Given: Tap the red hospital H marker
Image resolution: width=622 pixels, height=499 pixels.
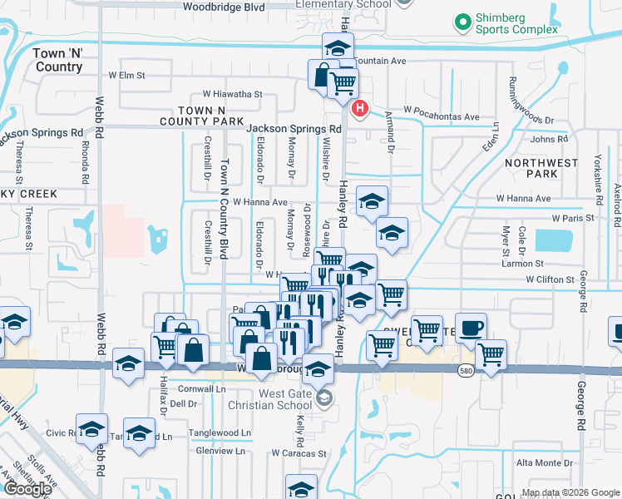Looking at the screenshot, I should pyautogui.click(x=360, y=109).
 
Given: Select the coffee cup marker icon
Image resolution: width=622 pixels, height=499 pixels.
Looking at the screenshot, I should pyautogui.click(x=471, y=328).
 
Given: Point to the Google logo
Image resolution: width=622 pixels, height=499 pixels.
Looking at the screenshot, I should pyautogui.click(x=27, y=489).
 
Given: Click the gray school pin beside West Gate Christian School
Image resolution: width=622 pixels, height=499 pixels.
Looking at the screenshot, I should pyautogui.click(x=324, y=398).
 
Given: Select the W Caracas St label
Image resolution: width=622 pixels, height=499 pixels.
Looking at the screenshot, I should pyautogui.click(x=299, y=454).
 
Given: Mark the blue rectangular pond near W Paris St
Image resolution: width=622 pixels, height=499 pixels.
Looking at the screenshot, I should pyautogui.click(x=553, y=240).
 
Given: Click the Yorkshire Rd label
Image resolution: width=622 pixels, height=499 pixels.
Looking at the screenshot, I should pyautogui.click(x=598, y=178).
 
